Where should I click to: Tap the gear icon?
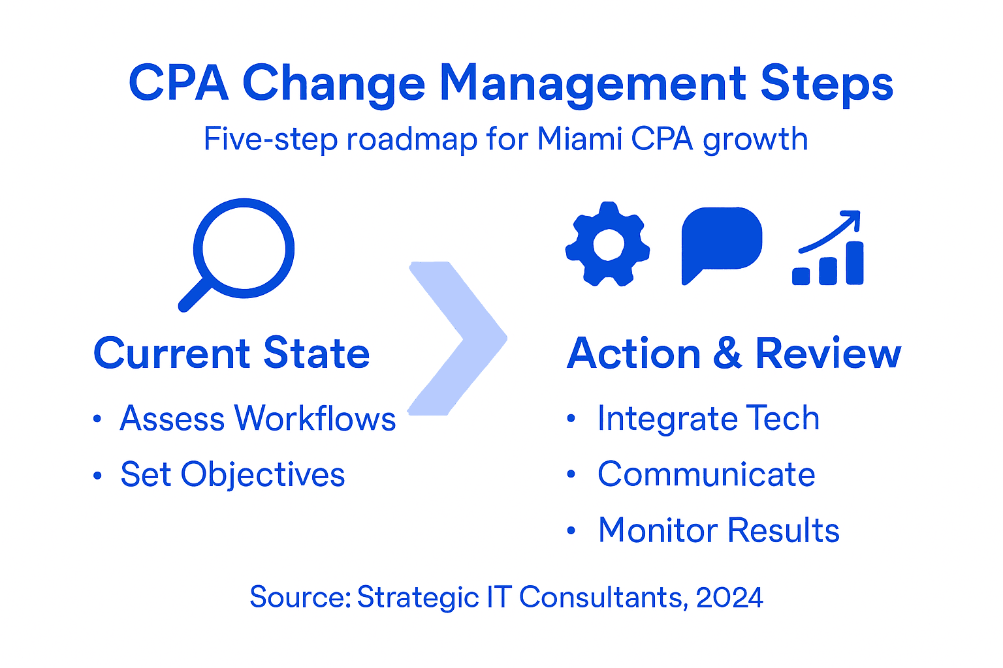pyautogui.click(x=607, y=245)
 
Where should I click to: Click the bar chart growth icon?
pyautogui.click(x=829, y=250)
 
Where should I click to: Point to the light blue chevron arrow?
pyautogui.click(x=457, y=338)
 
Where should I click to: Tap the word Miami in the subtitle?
pyautogui.click(x=580, y=139)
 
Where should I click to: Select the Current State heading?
pyautogui.click(x=232, y=354)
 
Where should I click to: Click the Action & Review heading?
pyautogui.click(x=734, y=354)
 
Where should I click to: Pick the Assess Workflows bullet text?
pyautogui.click(x=258, y=418)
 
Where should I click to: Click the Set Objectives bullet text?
pyautogui.click(x=232, y=474)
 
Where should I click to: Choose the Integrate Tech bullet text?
pyautogui.click(x=708, y=418)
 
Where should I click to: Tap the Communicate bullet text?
pyautogui.click(x=707, y=474)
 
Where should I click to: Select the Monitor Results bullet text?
pyautogui.click(x=718, y=530)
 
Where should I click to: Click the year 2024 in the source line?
pyautogui.click(x=729, y=598)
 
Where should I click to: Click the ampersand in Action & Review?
pyautogui.click(x=727, y=354)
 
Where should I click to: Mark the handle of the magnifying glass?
pyautogui.click(x=194, y=296)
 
